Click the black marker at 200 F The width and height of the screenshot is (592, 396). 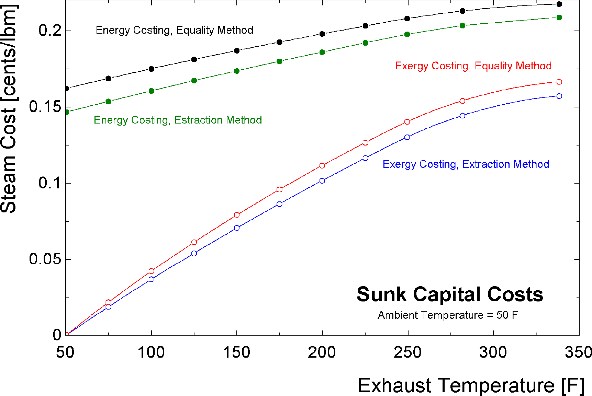[x=322, y=34]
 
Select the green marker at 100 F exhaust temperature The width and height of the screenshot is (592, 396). [x=152, y=91]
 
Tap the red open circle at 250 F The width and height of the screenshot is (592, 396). [x=407, y=122]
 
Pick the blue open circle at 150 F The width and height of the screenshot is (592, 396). [x=237, y=228]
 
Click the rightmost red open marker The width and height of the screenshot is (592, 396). [x=559, y=82]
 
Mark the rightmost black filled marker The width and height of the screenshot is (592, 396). [x=559, y=4]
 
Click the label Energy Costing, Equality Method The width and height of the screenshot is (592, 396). [x=174, y=30]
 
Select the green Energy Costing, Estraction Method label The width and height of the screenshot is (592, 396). [x=178, y=120]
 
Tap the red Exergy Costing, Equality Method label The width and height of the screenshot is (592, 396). [x=473, y=66]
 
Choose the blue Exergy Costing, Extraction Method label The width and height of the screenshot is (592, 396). [x=466, y=164]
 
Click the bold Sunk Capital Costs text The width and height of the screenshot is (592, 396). [x=449, y=294]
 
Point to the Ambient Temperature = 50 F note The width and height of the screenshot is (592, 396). [x=447, y=315]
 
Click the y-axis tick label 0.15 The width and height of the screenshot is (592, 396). [x=45, y=107]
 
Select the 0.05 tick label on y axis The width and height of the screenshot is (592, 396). [x=45, y=259]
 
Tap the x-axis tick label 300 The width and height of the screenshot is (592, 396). [x=493, y=352]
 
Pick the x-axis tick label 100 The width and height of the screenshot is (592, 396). [x=151, y=352]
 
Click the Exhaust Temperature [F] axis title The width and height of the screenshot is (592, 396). [x=471, y=385]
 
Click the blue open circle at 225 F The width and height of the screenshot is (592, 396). [x=365, y=158]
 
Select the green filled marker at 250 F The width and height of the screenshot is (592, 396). [x=407, y=34]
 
